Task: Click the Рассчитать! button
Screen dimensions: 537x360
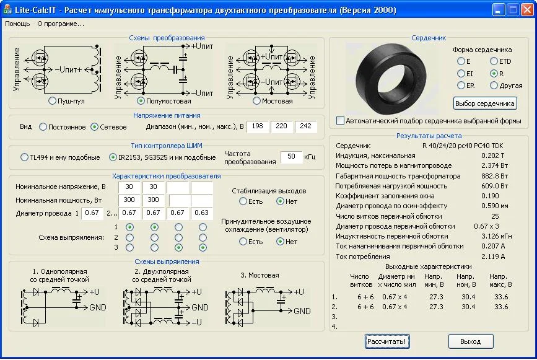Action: pos(387,341)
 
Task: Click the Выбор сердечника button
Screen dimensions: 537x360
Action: pos(484,103)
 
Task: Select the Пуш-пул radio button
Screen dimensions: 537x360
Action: pos(52,101)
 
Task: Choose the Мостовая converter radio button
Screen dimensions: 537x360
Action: pos(256,101)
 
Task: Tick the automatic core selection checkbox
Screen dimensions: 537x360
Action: pos(340,121)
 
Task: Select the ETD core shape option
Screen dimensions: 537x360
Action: pos(494,61)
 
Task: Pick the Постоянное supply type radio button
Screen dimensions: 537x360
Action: pos(43,127)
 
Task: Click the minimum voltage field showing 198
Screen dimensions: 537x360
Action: pos(257,126)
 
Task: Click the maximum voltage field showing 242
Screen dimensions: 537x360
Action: pos(305,126)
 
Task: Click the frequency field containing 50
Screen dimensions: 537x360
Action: pos(291,157)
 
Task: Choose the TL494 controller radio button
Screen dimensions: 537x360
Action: pos(24,157)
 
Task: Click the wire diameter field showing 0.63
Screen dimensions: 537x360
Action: pos(201,213)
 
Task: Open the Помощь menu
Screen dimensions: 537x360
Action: pos(17,24)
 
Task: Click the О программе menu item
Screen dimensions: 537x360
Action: pos(61,24)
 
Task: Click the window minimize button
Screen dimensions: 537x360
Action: pos(499,10)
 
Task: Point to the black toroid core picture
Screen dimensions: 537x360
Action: pos(391,79)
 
